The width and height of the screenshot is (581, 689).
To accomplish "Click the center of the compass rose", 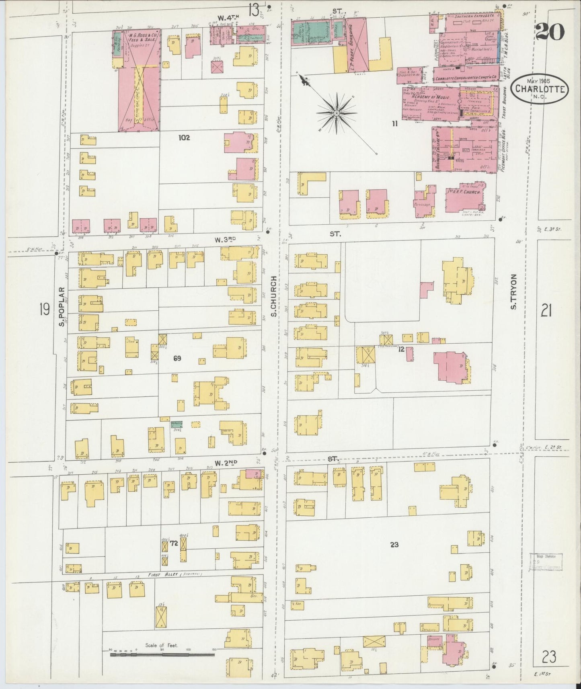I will point(336,114).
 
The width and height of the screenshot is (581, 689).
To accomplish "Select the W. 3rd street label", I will point(225,240).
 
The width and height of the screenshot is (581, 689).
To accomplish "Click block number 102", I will point(184,137).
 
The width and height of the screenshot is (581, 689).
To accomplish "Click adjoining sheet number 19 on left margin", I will point(44,310).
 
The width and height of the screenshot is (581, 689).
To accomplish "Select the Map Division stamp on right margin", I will point(545,562).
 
